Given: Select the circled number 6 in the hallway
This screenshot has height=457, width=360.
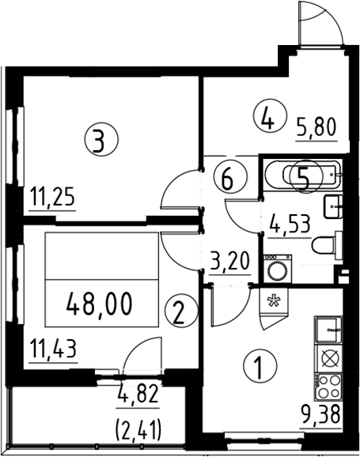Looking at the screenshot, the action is (x=230, y=177).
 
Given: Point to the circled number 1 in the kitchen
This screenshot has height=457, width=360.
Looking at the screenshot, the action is (x=260, y=366).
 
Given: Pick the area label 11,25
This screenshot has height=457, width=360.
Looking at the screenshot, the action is (x=53, y=198).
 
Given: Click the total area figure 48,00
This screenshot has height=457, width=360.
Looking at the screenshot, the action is (x=100, y=304).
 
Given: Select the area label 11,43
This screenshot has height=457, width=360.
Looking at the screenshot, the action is (x=54, y=350).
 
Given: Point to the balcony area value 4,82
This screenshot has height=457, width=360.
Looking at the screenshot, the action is (x=138, y=395).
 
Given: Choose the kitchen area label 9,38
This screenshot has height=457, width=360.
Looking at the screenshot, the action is (x=320, y=415).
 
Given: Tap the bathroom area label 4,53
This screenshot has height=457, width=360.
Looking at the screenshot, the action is (x=290, y=225).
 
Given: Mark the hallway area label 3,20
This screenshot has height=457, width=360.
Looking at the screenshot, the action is (x=230, y=262).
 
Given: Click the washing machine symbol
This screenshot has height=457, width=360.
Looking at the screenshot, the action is (x=277, y=268).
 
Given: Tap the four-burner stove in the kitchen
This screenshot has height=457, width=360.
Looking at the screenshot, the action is (x=328, y=387).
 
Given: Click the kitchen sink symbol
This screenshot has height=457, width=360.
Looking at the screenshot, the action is (x=328, y=330).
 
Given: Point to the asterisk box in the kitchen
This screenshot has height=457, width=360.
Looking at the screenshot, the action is (x=274, y=301).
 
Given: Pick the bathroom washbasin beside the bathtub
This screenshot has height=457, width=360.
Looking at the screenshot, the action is (x=333, y=206).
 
